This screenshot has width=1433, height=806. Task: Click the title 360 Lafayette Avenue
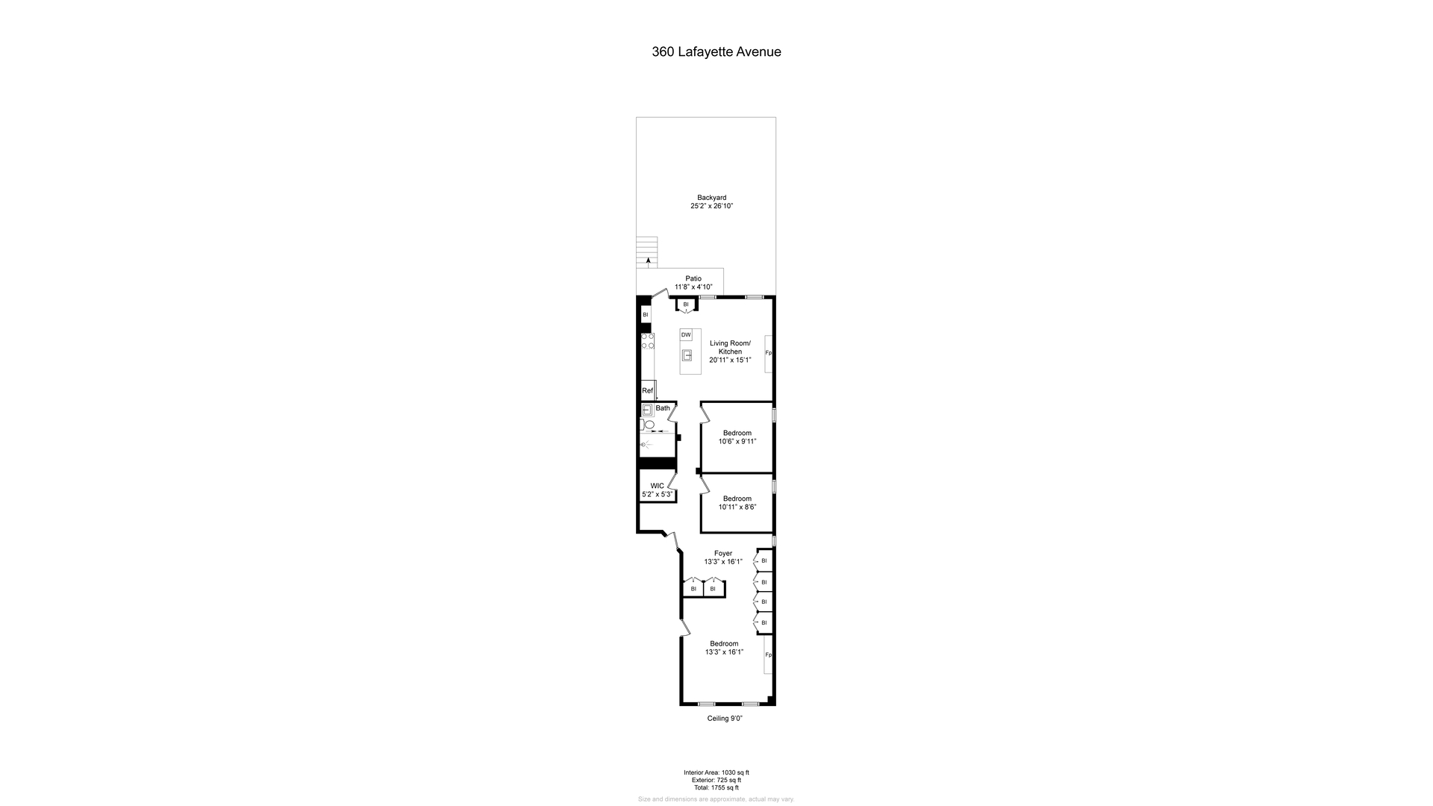click(716, 52)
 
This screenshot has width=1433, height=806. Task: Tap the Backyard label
click(711, 198)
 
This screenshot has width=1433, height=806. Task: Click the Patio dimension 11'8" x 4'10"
click(693, 287)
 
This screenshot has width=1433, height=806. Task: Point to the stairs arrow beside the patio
click(648, 261)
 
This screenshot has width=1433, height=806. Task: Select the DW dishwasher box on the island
click(686, 335)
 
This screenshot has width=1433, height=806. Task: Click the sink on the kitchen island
click(687, 355)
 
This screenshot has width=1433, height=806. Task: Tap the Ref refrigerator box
click(647, 390)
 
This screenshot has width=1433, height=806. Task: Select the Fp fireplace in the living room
click(768, 353)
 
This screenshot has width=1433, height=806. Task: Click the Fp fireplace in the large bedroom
click(768, 655)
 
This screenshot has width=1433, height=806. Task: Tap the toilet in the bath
click(649, 425)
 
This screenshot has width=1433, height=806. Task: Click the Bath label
click(663, 408)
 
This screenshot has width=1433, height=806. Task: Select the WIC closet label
click(657, 486)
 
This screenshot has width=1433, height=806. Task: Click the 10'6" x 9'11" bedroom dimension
click(737, 441)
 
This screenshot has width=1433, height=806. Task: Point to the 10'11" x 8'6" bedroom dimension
click(737, 507)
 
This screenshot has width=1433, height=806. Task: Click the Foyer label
click(723, 554)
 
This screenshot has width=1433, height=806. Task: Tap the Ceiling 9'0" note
click(725, 719)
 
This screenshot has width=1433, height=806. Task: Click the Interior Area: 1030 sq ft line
click(716, 772)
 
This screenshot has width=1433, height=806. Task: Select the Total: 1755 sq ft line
click(716, 787)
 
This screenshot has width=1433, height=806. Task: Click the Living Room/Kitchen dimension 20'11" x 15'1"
click(730, 360)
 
